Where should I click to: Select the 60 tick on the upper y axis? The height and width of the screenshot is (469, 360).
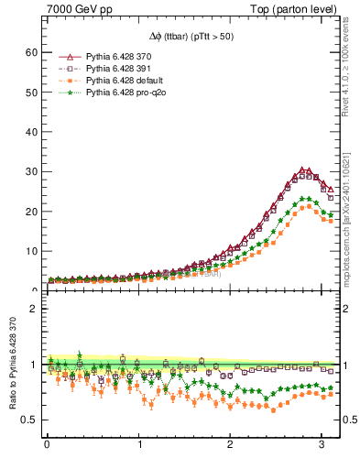pyautogui.click(x=31, y=52)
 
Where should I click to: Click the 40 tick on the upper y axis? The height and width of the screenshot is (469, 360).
pyautogui.click(x=31, y=132)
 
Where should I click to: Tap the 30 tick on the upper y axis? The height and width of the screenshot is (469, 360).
pyautogui.click(x=31, y=171)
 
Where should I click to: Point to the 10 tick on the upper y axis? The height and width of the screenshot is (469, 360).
pyautogui.click(x=31, y=251)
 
